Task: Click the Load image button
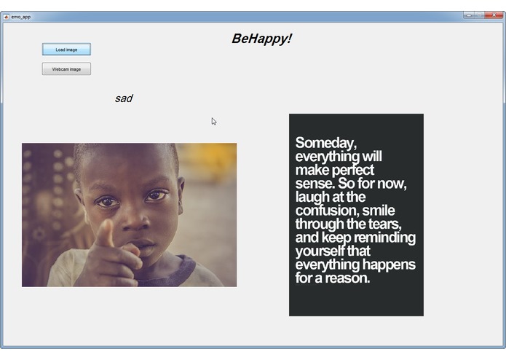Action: click(66, 50)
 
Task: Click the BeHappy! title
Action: click(261, 39)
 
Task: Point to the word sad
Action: click(124, 98)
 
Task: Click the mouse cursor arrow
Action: click(214, 121)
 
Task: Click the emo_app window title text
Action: click(21, 16)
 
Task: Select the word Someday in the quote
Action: click(325, 143)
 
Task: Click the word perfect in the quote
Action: click(353, 170)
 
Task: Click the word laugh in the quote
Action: click(313, 197)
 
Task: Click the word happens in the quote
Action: click(387, 264)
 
